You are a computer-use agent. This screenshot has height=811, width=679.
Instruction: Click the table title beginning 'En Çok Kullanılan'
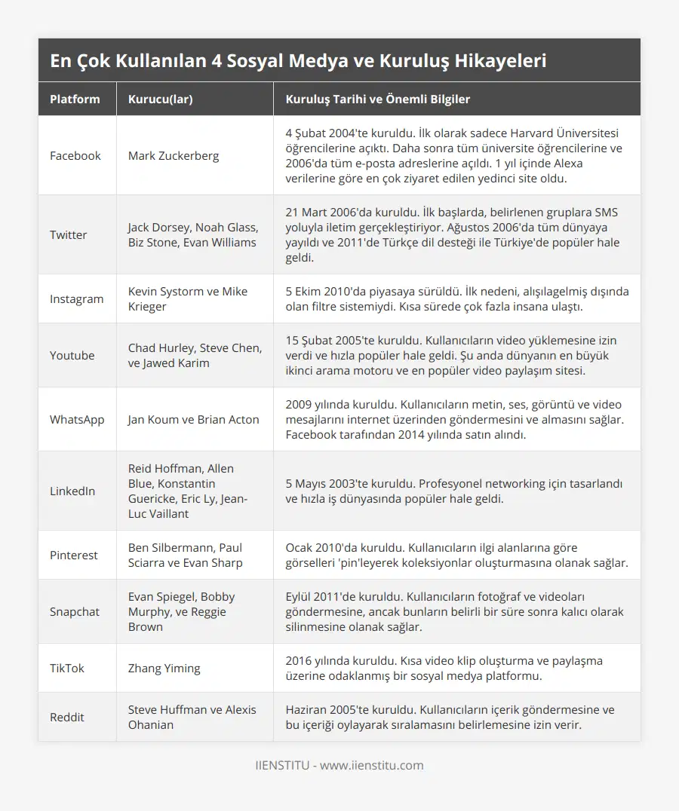click(x=298, y=61)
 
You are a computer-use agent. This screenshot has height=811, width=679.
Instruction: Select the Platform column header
click(x=75, y=99)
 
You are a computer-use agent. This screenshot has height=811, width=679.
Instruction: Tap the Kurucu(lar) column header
click(x=160, y=99)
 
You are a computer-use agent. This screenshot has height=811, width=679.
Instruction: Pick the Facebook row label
click(x=75, y=156)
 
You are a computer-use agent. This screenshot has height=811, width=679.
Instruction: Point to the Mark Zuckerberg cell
click(x=174, y=156)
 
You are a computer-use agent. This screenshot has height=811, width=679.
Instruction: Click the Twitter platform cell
click(x=68, y=235)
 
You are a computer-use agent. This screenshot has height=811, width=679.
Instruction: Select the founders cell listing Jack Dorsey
click(x=193, y=235)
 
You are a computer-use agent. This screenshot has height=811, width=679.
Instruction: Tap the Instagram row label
click(x=76, y=299)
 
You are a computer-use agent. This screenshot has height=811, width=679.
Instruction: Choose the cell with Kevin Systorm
click(x=188, y=299)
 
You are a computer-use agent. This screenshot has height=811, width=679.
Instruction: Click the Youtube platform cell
click(x=72, y=356)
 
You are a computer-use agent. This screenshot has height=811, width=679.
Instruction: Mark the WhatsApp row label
click(x=77, y=420)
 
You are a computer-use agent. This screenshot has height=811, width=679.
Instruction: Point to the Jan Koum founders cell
click(x=193, y=420)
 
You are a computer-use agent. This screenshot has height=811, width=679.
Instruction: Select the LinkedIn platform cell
click(x=72, y=491)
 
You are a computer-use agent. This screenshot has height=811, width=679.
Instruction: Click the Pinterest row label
click(x=73, y=555)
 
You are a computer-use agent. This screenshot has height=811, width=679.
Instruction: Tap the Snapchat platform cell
click(x=74, y=612)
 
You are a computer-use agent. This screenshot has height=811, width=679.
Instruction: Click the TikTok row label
click(x=66, y=669)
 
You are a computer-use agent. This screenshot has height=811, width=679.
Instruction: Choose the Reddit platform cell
click(x=67, y=718)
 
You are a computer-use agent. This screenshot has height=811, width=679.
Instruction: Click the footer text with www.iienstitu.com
click(x=339, y=766)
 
